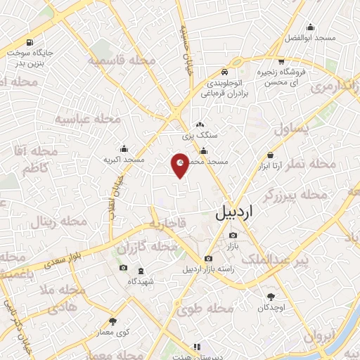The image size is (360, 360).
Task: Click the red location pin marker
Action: [x=180, y=164]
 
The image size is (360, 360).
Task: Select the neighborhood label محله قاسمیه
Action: [x=121, y=61]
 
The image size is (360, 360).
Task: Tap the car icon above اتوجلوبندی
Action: [x=223, y=72]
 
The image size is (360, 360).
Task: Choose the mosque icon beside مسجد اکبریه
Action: [x=124, y=148]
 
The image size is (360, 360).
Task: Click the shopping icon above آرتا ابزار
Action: [x=270, y=155]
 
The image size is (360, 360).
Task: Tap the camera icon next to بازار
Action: [x=233, y=236]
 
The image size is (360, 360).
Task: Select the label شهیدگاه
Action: [x=141, y=281]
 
